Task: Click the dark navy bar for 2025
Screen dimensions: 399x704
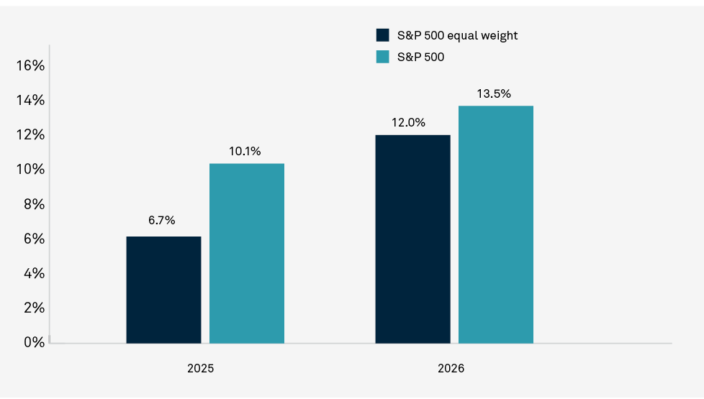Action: point(163,290)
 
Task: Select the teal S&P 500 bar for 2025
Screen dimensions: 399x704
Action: point(247,253)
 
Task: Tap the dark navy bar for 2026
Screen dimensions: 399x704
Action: point(412,239)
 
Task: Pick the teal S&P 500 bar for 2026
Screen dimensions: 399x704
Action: point(496,224)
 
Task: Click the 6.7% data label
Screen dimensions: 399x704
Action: point(162,221)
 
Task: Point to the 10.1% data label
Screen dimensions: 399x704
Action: point(246,151)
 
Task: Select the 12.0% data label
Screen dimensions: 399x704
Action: point(409,122)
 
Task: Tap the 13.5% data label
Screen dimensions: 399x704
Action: point(494,93)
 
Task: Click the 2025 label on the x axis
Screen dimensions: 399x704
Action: point(200,368)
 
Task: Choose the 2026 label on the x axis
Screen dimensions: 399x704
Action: point(451,368)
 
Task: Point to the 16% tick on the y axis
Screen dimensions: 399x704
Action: point(30,66)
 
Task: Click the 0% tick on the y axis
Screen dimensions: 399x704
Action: point(33,342)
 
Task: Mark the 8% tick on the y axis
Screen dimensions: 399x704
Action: point(33,204)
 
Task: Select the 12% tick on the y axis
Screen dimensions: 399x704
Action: point(30,135)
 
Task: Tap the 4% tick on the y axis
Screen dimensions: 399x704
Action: point(33,273)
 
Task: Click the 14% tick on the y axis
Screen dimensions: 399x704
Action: point(30,101)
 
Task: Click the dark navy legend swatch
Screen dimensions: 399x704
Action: point(383,35)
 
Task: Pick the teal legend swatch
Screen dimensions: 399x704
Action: point(383,57)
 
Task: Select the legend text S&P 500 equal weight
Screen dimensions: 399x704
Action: point(457,35)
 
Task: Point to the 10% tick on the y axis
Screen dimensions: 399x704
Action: point(30,170)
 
